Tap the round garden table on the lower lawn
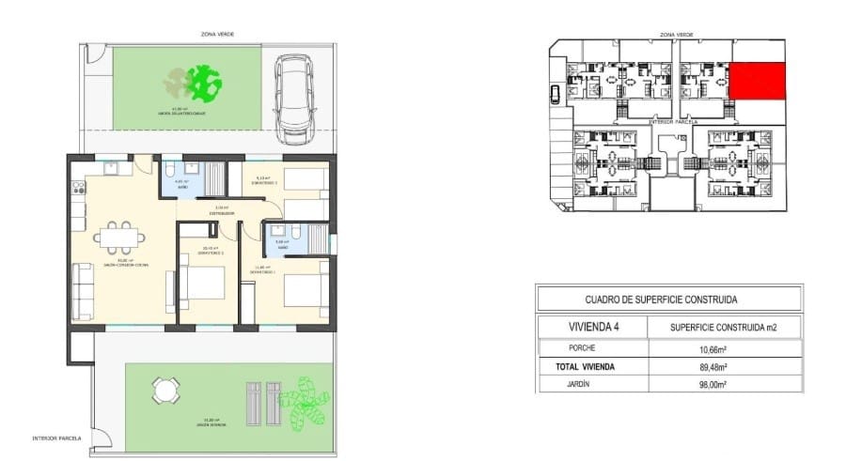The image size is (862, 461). [x=166, y=390]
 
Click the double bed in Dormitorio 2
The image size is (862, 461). [x=202, y=284]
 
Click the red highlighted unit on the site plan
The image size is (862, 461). [x=758, y=82]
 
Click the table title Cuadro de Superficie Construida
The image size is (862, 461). [x=667, y=300]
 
